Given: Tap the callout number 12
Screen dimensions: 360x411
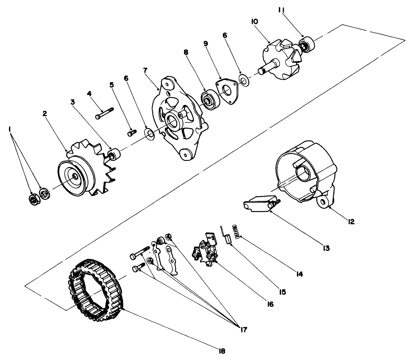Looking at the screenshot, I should (351, 221).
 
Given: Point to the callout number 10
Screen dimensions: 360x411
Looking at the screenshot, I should (254, 22).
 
